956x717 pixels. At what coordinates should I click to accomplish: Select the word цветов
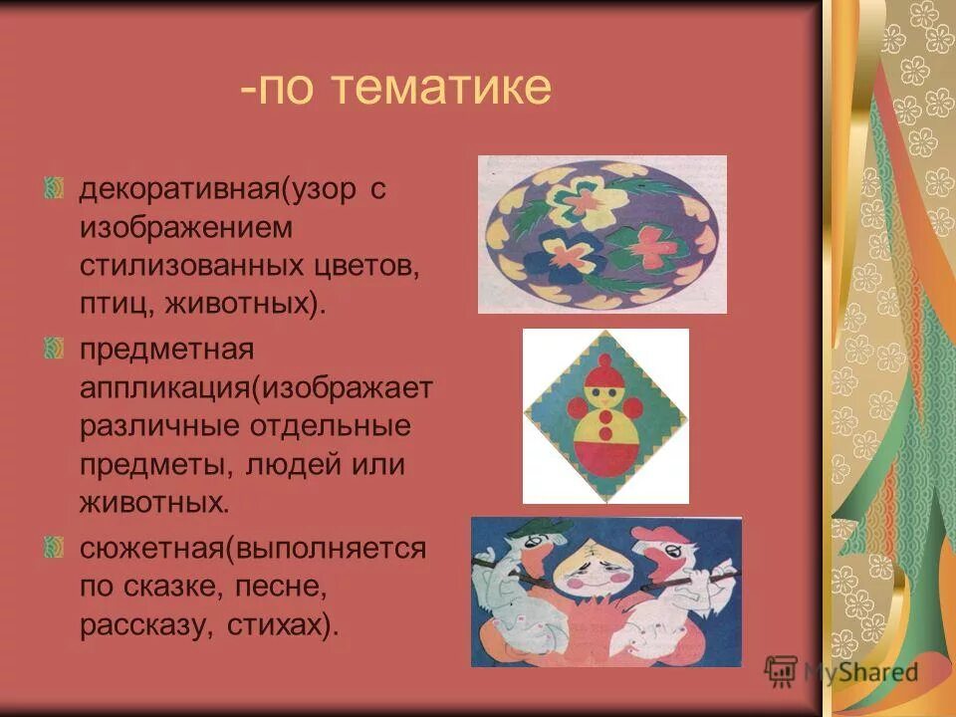(x=368, y=266)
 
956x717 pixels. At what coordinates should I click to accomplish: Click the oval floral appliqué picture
(x=601, y=234)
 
